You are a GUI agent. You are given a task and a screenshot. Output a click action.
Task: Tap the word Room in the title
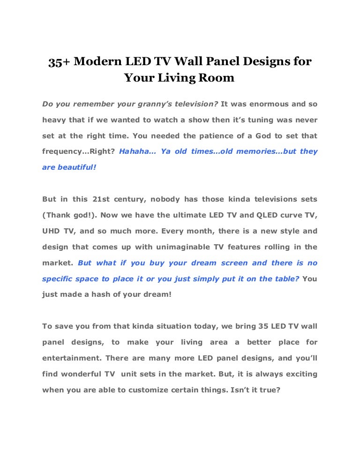(219, 78)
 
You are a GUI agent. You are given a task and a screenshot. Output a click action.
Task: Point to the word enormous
(270, 104)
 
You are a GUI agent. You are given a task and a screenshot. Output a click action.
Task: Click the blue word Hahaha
(136, 151)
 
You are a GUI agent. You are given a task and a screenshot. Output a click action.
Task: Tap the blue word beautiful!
(77, 167)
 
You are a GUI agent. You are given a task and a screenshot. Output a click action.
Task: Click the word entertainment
(71, 359)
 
